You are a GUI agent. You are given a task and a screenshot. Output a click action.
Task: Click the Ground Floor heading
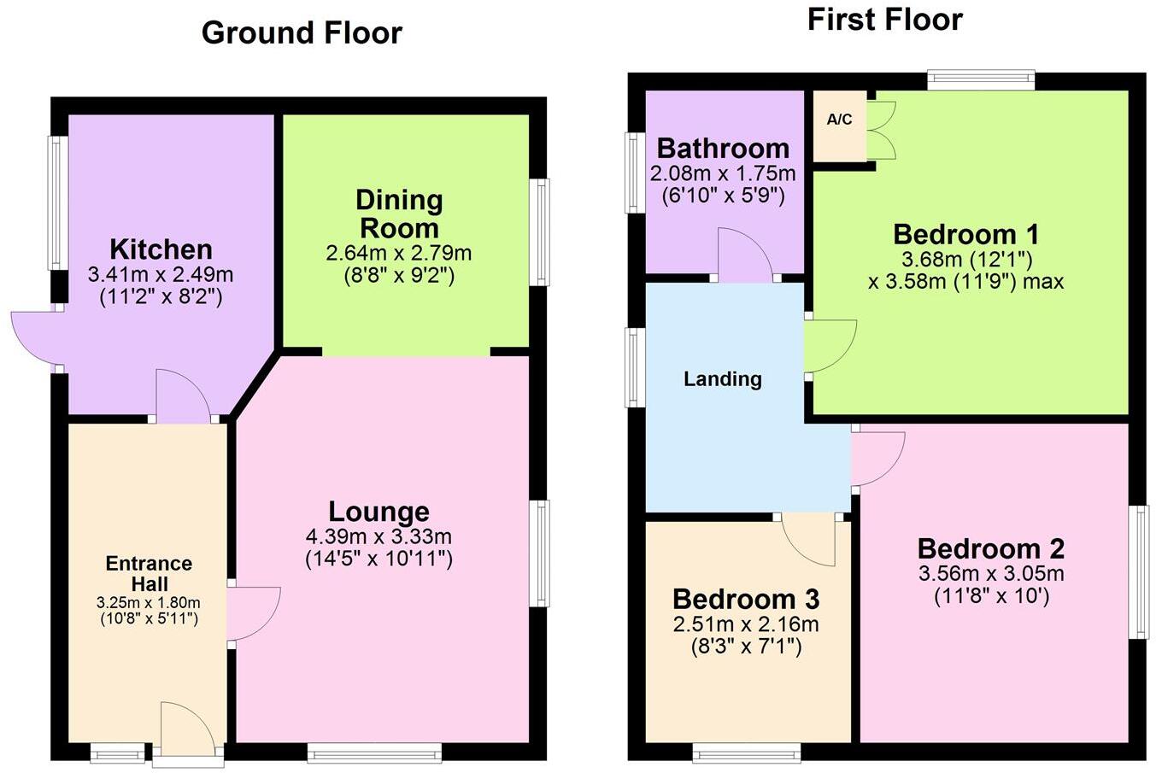[302, 33]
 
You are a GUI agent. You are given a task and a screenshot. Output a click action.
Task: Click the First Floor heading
[884, 20]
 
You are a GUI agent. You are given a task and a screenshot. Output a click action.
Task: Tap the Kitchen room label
[161, 249]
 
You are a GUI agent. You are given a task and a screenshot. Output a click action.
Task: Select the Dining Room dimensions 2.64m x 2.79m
[399, 254]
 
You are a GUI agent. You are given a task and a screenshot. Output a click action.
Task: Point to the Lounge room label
[378, 512]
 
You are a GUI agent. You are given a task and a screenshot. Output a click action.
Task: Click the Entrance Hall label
[149, 573]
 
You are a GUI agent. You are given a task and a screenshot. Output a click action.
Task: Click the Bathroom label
[723, 149]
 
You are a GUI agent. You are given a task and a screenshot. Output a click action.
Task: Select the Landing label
[723, 378]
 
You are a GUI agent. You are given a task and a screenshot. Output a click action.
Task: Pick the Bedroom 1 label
[965, 234]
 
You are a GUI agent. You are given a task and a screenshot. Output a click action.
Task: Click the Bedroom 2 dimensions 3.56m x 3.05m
[991, 574]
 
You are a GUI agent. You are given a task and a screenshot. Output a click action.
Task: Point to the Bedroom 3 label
[746, 599]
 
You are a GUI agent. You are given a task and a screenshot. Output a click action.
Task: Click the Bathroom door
[745, 255]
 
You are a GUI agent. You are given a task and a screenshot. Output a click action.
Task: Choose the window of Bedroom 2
[1138, 572]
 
